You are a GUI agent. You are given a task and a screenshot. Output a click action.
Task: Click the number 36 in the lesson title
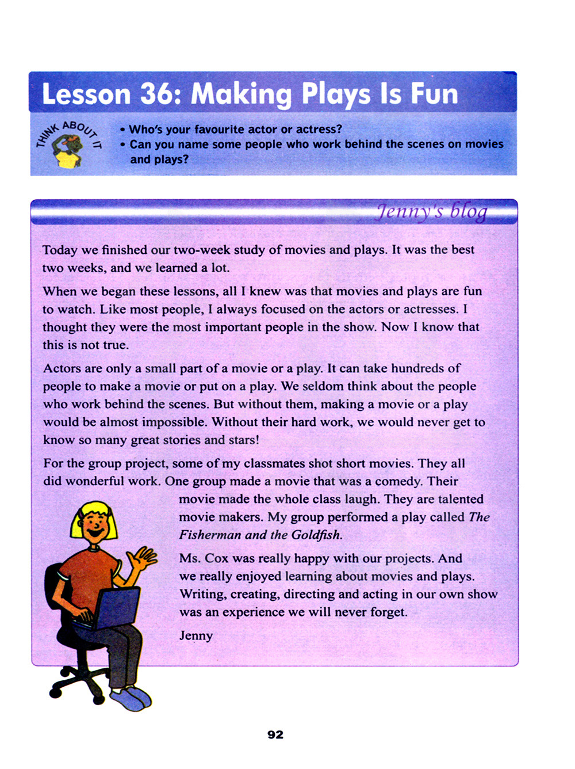(x=156, y=94)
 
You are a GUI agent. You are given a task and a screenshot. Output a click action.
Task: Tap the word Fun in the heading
(x=434, y=94)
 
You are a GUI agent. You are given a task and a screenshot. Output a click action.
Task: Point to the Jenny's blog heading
(x=431, y=212)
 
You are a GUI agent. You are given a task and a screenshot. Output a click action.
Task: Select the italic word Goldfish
(x=316, y=535)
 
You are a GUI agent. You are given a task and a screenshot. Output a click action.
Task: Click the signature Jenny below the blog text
(x=196, y=635)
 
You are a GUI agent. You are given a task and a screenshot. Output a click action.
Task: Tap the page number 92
(x=275, y=734)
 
